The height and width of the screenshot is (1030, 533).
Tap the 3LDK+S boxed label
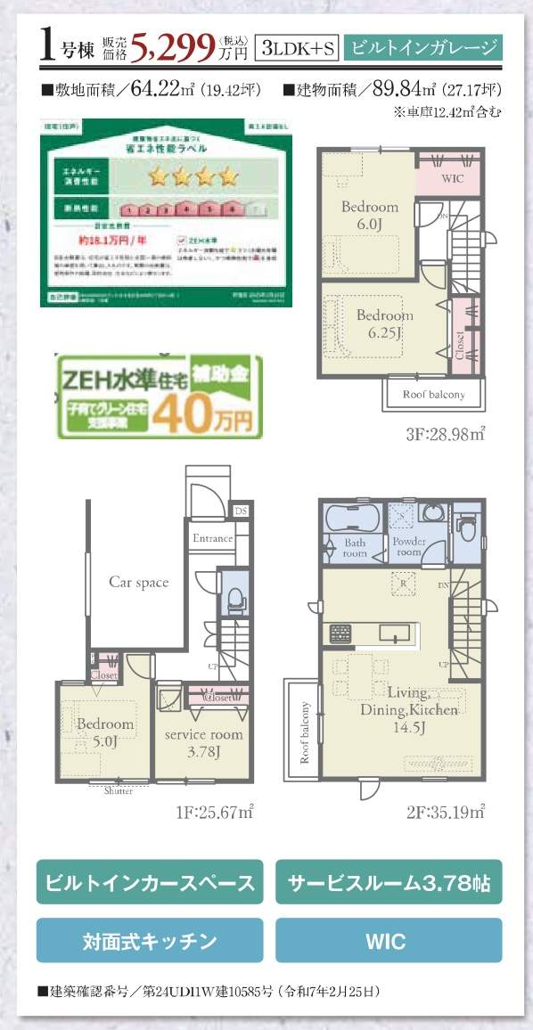pyautogui.click(x=296, y=49)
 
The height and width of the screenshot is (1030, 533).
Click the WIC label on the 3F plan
pyautogui.click(x=453, y=177)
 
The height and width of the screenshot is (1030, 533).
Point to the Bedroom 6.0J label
pyautogui.click(x=370, y=215)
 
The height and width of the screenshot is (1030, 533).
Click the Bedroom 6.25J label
pyautogui.click(x=385, y=323)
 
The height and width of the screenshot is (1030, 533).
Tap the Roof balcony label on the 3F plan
pyautogui.click(x=434, y=394)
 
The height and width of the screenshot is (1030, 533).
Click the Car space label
pyautogui.click(x=139, y=582)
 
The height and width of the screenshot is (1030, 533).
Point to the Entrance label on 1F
pyautogui.click(x=212, y=538)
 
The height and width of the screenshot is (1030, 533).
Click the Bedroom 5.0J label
pyautogui.click(x=104, y=732)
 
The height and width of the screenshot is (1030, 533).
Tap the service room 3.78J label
pyautogui.click(x=203, y=742)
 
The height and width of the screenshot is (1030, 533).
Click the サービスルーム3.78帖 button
pyautogui.click(x=389, y=883)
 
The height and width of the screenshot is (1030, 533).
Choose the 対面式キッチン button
pyautogui.click(x=150, y=941)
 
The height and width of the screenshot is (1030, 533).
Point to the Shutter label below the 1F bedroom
pyautogui.click(x=118, y=790)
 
